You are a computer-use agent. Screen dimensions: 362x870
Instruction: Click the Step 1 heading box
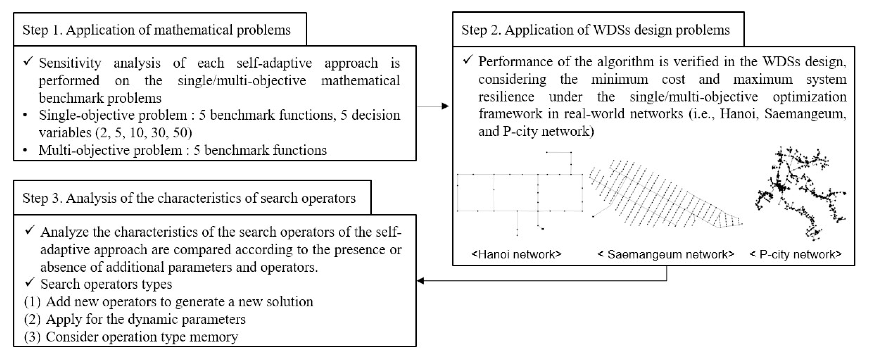(x=159, y=29)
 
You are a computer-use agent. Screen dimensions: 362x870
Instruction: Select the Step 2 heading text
(x=595, y=30)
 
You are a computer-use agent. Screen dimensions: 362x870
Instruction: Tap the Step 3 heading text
(x=189, y=198)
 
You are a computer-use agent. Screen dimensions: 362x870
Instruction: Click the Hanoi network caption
(x=516, y=254)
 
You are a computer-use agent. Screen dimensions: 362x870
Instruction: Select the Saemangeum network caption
(x=666, y=254)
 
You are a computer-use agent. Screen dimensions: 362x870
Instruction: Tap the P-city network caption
(x=795, y=254)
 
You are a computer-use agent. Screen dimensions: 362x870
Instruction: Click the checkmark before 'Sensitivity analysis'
(x=28, y=62)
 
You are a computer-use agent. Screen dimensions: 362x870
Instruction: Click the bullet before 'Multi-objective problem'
(x=25, y=150)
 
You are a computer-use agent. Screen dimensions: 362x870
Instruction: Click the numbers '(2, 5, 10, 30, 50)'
(x=144, y=132)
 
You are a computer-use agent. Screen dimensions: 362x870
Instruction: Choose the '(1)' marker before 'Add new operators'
(x=32, y=302)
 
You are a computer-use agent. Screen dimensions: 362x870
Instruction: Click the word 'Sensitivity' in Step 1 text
(x=70, y=63)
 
